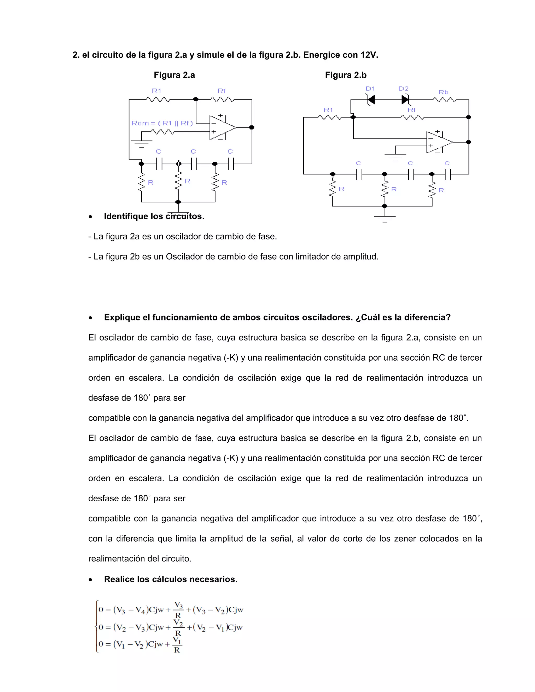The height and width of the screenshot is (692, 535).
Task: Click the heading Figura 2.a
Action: tap(174, 75)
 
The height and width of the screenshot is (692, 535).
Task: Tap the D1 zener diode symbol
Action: tap(370, 100)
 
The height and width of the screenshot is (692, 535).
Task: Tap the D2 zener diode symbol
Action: tap(405, 100)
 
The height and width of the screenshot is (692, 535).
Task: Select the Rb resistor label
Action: tap(443, 92)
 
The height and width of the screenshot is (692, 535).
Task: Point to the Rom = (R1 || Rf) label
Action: tap(162, 123)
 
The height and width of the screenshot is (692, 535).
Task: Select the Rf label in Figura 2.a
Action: tap(221, 91)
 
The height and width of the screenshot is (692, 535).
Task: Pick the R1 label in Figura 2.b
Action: tap(328, 110)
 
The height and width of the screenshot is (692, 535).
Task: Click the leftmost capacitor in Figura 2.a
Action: tap(159, 164)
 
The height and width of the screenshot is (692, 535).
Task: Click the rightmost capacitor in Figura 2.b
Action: tap(447, 174)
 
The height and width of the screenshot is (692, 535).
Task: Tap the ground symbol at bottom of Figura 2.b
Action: tap(385, 218)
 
